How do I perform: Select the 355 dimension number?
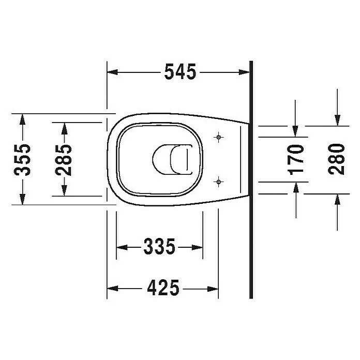tap(22, 160)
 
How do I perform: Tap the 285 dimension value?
tap(64, 160)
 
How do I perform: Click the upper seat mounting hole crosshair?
tap(219, 137)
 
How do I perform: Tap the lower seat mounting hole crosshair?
tap(219, 182)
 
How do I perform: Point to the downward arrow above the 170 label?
tap(295, 132)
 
